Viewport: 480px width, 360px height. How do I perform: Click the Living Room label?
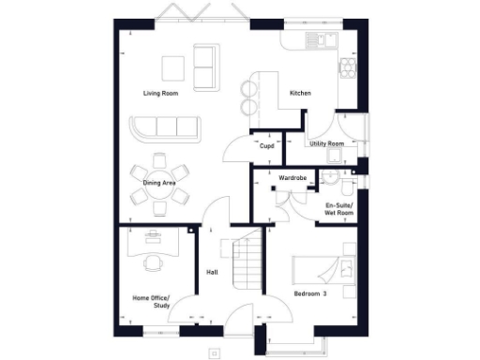161,94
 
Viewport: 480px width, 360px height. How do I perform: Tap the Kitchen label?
300,94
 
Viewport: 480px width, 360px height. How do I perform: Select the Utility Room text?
327,143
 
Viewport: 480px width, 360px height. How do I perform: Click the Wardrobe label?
294,177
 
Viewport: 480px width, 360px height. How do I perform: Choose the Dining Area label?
159,184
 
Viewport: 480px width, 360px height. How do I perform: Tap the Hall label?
213,273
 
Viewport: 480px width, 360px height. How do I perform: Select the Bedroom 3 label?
311,294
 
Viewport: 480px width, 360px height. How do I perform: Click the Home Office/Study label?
150,302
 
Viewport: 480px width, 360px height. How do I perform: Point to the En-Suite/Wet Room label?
338,209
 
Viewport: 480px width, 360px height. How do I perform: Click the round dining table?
159,183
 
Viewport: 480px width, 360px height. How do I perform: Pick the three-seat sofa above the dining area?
166,128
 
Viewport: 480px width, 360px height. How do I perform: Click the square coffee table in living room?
172,68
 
